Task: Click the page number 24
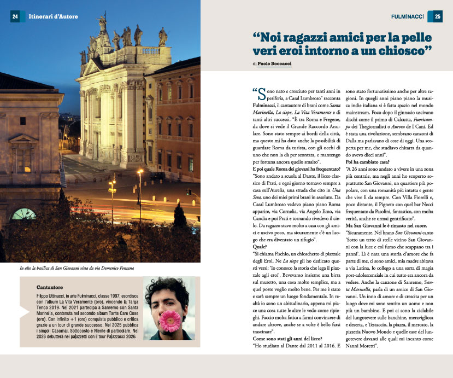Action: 15,17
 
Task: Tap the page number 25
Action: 438,17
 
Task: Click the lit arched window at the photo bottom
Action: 24,214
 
